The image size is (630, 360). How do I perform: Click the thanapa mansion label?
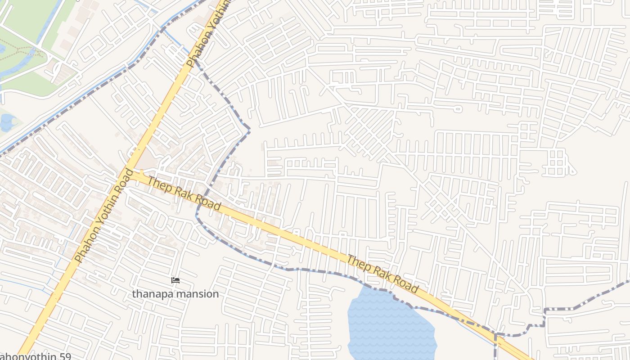(x=175, y=294)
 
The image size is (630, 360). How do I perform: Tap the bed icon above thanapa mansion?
(x=175, y=281)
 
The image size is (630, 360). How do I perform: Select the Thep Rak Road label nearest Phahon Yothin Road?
(x=184, y=194)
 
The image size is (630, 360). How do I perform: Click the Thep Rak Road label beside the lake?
(x=383, y=274)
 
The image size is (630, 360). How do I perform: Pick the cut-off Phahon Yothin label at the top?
(x=208, y=34)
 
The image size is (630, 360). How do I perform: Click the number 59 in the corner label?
(x=63, y=356)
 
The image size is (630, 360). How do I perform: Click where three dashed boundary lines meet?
(x=495, y=334)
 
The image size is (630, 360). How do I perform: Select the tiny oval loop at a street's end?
(x=458, y=108)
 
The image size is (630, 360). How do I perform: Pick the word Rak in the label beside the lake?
(x=383, y=274)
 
